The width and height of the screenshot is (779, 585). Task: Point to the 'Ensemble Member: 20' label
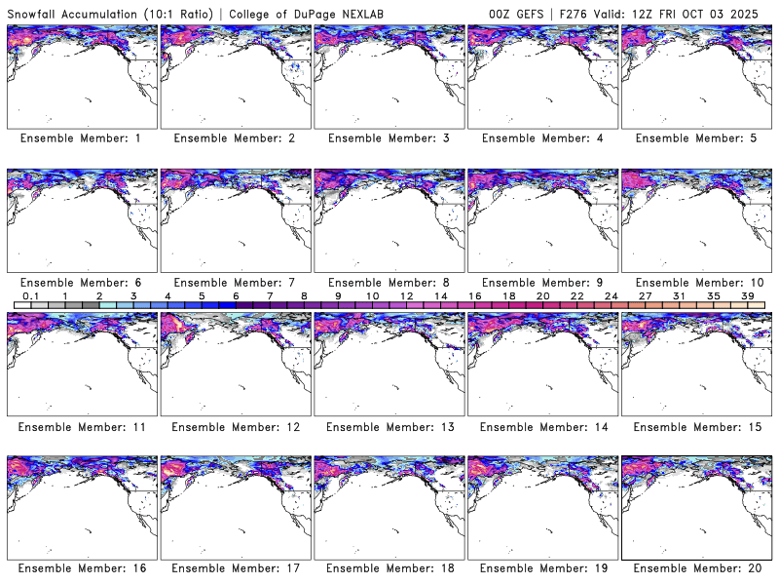(698, 568)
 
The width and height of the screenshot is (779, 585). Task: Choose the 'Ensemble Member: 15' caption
(698, 426)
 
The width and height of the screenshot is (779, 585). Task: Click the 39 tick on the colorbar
(747, 295)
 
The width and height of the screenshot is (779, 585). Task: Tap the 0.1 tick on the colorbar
(31, 295)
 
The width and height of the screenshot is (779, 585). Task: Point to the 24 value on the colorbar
(611, 295)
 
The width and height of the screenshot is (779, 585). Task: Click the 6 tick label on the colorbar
(236, 295)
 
